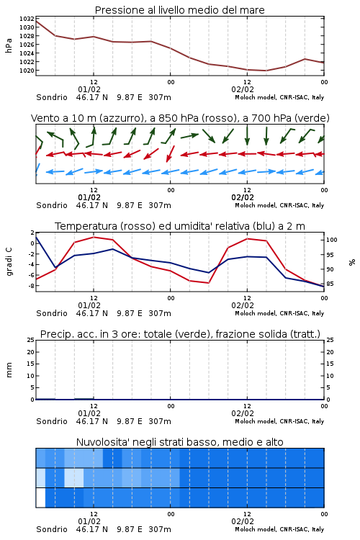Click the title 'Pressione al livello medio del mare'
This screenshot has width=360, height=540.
pyautogui.click(x=180, y=10)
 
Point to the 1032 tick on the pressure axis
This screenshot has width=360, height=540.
pyautogui.click(x=27, y=19)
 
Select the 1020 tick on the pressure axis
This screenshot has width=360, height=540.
pyautogui.click(x=27, y=71)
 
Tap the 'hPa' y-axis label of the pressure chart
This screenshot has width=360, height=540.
pyautogui.click(x=9, y=45)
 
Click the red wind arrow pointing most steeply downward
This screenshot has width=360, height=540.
pyautogui.click(x=171, y=153)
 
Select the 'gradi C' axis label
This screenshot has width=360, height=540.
pyautogui.click(x=9, y=262)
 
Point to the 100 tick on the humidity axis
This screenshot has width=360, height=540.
pyautogui.click(x=332, y=240)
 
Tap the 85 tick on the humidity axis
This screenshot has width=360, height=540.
pyautogui.click(x=330, y=284)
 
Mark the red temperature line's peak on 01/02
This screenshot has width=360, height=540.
pyautogui.click(x=94, y=237)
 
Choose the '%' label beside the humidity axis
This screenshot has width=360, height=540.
pyautogui.click(x=352, y=262)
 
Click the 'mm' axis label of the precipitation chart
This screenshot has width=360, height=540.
pyautogui.click(x=9, y=370)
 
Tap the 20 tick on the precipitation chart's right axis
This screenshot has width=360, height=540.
pyautogui.click(x=330, y=352)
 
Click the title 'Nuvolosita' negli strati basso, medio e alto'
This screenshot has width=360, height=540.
pyautogui.click(x=180, y=442)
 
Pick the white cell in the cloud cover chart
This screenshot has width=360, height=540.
pyautogui.click(x=40, y=498)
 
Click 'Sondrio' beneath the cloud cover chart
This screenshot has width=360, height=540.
pyautogui.click(x=52, y=529)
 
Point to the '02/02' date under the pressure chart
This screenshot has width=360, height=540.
pyautogui.click(x=243, y=89)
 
